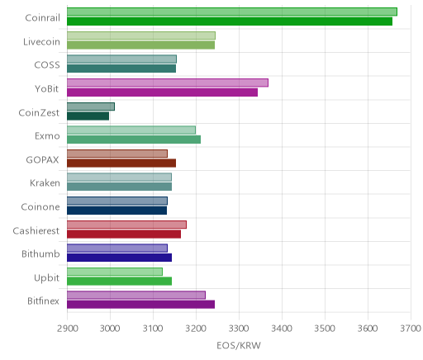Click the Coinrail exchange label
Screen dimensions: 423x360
tap(42, 18)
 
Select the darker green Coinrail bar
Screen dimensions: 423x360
tap(230, 21)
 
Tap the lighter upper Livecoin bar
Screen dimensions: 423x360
tap(141, 36)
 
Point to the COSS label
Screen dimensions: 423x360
tap(47, 65)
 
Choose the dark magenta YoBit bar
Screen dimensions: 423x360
tap(163, 92)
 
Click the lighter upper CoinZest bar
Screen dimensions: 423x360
tap(91, 107)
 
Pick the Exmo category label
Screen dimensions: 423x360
tap(47, 136)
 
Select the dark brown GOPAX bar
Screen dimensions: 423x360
tap(121, 163)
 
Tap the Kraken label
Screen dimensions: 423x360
tap(45, 183)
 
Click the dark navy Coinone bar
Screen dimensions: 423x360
tap(117, 211)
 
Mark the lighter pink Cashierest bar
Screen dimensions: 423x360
tap(127, 225)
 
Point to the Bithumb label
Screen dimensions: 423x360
tap(40, 253)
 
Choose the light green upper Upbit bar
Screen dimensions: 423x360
tap(115, 272)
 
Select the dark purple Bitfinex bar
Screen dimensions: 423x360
tap(141, 305)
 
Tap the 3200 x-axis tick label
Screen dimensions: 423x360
tap(196, 329)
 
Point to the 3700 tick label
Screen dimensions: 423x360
tap(411, 329)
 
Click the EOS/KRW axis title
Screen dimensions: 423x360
tap(239, 346)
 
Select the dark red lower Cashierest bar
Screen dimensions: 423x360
tap(124, 234)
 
